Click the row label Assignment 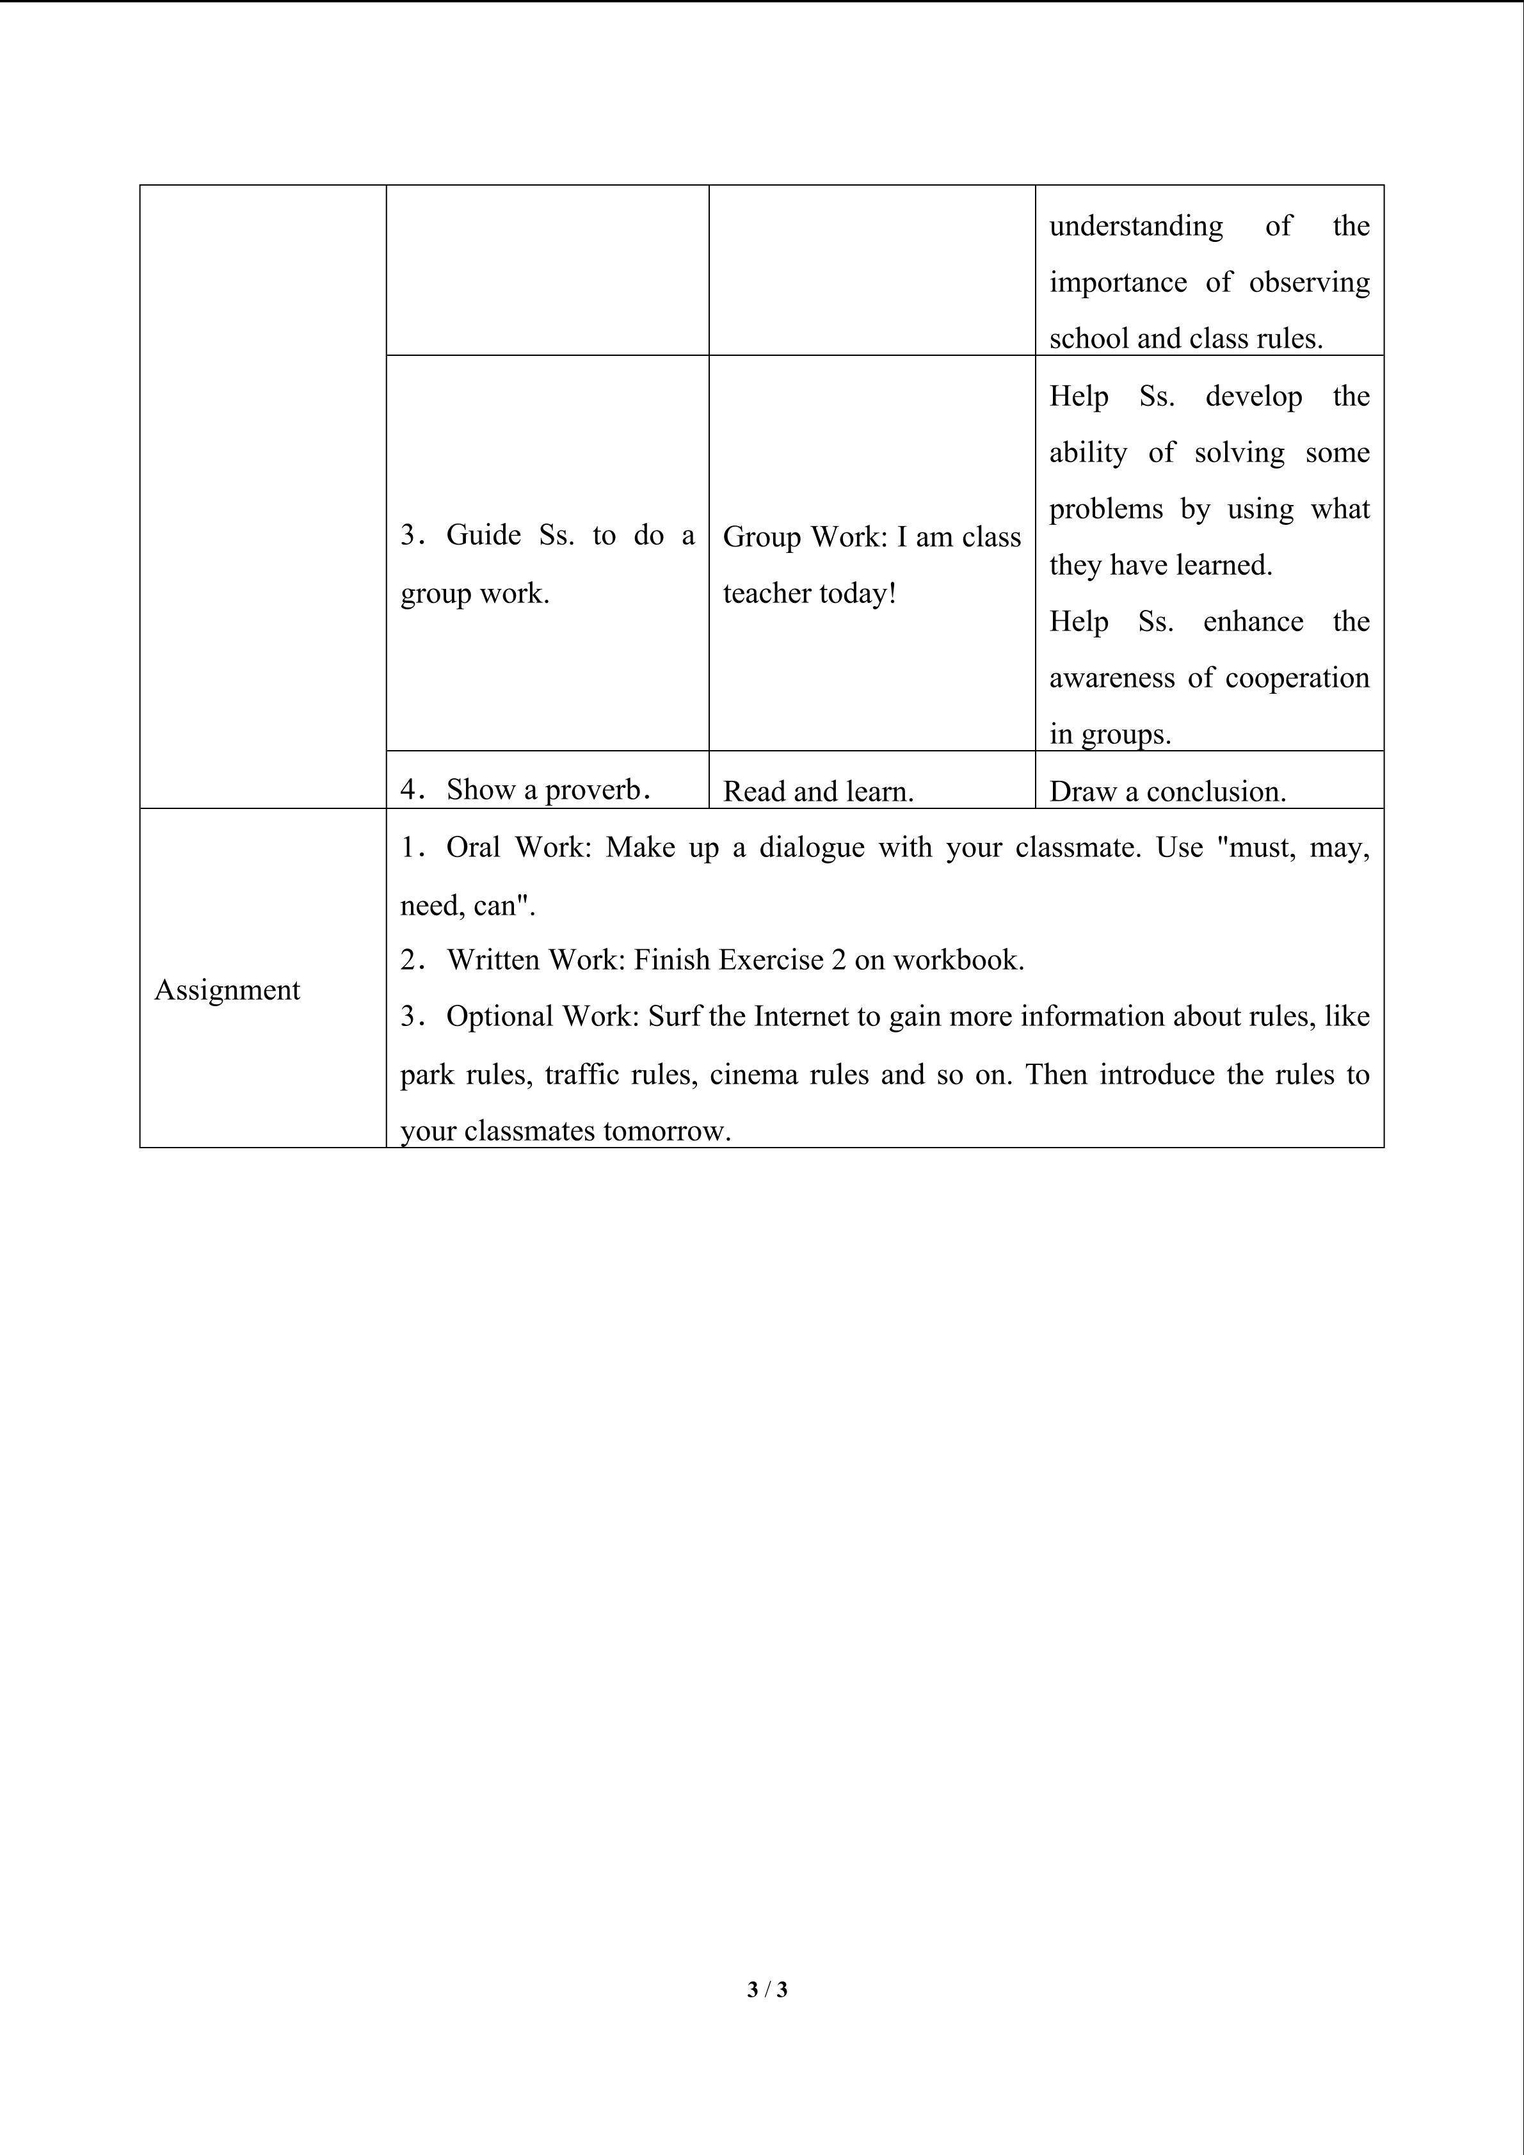[227, 990]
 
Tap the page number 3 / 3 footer [767, 1989]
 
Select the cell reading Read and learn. [817, 791]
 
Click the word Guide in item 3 [483, 535]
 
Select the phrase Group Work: [805, 537]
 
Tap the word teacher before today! [767, 593]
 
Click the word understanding [1135, 226]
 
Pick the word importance [1118, 282]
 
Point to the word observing [1308, 282]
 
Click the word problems [1105, 509]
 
